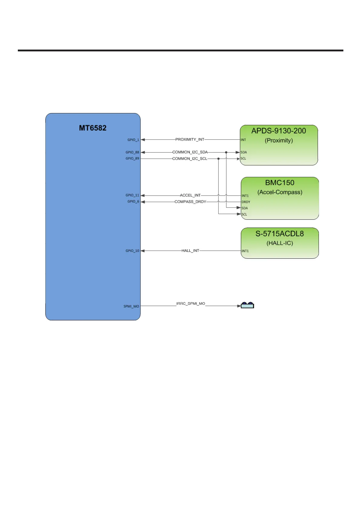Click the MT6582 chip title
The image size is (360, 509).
92,128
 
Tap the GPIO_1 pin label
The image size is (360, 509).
133,140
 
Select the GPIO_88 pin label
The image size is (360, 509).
132,152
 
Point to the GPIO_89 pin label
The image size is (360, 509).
132,158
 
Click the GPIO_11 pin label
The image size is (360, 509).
132,195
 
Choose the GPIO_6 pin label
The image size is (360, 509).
133,201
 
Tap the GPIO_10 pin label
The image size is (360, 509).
132,251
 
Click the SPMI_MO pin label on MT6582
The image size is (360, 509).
131,306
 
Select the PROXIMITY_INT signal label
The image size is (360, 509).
190,140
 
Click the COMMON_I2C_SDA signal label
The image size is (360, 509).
190,152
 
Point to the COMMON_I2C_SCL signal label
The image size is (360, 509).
190,159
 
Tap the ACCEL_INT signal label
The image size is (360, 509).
190,195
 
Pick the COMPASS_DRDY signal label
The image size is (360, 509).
190,202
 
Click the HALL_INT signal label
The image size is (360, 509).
190,251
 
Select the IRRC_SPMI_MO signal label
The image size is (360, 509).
190,303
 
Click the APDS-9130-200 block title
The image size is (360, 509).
279,131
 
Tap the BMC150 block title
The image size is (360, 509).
280,183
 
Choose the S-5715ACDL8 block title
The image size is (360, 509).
280,234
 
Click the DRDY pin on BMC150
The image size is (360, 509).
246,202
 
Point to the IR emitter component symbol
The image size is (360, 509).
247,305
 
